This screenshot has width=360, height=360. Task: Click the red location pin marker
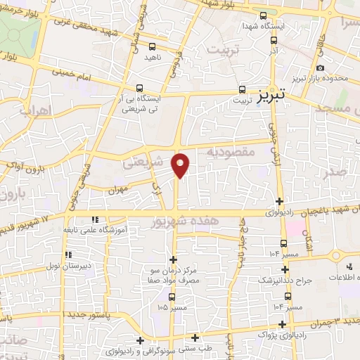click(x=181, y=165)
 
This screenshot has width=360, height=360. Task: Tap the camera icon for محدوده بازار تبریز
click(x=321, y=67)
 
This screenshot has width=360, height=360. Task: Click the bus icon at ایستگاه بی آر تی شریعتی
click(x=140, y=89)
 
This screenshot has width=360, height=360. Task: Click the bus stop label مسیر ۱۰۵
click(x=173, y=307)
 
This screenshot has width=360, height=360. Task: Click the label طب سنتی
click(x=199, y=347)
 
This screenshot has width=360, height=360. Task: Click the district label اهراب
click(x=33, y=111)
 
